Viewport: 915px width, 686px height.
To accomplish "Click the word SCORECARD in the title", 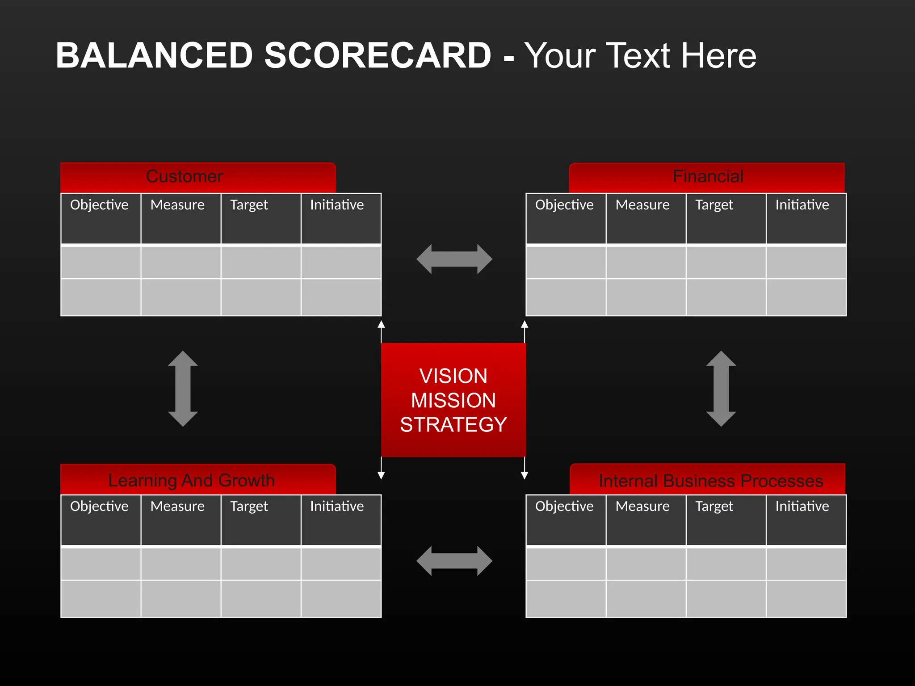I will click(x=378, y=55).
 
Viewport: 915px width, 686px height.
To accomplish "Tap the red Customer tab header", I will click(x=185, y=177).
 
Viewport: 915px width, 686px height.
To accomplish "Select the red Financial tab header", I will click(x=708, y=177).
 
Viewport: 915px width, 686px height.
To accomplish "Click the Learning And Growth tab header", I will click(x=191, y=481).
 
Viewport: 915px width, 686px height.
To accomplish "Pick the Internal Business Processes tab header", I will click(x=710, y=481).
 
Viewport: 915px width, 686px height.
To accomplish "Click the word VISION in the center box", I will click(x=453, y=376).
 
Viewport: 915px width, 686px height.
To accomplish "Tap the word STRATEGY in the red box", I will click(x=453, y=424).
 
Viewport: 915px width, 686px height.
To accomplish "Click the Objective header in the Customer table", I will click(x=99, y=205).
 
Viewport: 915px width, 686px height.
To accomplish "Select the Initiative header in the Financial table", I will click(x=802, y=205).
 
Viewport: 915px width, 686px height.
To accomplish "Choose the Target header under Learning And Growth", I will click(x=249, y=506).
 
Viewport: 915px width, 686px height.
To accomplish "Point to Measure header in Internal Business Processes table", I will click(x=642, y=506).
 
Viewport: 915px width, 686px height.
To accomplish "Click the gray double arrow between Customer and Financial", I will click(x=454, y=259).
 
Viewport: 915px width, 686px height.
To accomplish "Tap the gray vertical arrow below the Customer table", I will click(x=183, y=389).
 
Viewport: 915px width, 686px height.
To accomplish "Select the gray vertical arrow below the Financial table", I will click(x=721, y=389).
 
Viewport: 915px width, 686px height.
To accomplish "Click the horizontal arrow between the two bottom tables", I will click(x=454, y=561).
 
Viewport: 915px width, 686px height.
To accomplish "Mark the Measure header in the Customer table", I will click(x=177, y=205).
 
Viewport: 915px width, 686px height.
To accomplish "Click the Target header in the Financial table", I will click(x=714, y=205).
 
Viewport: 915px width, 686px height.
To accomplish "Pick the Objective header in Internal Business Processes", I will click(x=564, y=506).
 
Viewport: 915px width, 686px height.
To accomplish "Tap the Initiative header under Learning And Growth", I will click(x=337, y=506).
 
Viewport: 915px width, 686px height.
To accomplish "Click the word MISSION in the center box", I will click(x=453, y=400).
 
